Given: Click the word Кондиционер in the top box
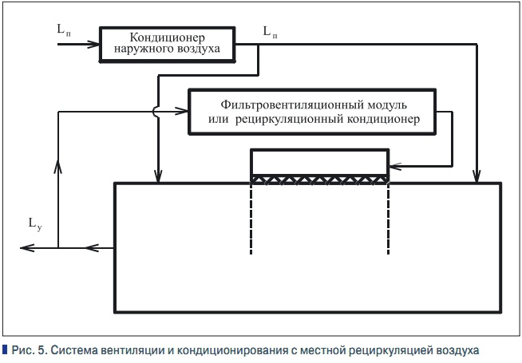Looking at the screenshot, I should click(x=168, y=37).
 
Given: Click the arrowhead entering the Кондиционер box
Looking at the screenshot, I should click(x=94, y=45).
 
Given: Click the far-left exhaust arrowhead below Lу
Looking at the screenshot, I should click(x=26, y=249).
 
